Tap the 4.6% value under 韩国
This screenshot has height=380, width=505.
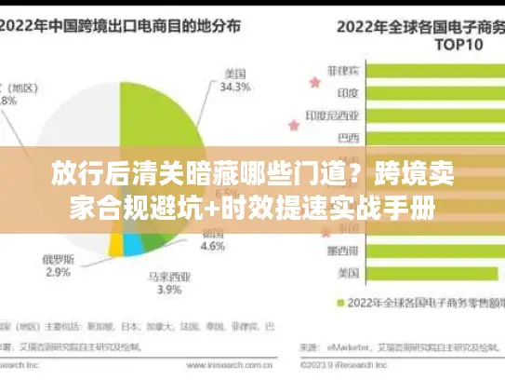(x=213, y=248)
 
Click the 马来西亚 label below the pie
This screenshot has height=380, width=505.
(x=170, y=277)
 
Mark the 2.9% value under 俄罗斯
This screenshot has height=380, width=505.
(x=58, y=272)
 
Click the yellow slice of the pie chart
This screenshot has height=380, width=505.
(x=115, y=245)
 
